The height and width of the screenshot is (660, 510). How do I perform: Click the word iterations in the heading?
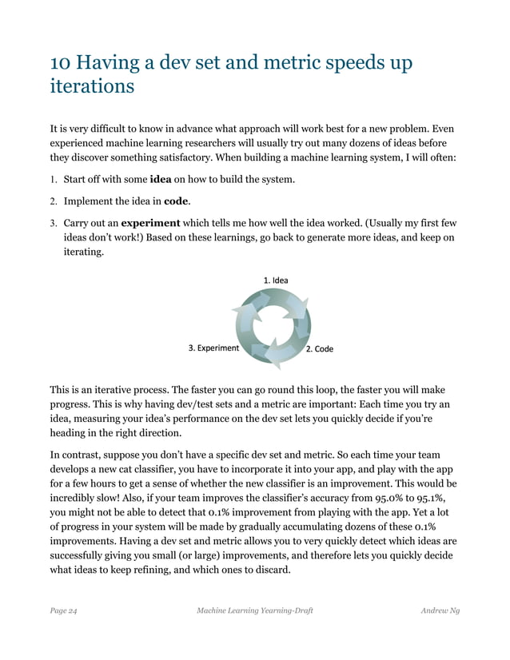click(x=92, y=86)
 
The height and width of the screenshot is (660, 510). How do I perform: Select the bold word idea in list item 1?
click(x=163, y=179)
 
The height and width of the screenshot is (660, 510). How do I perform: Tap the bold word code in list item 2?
click(x=176, y=201)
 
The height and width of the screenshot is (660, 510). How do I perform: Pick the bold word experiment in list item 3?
click(x=150, y=222)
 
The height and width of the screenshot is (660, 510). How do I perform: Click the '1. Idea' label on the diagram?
click(x=276, y=280)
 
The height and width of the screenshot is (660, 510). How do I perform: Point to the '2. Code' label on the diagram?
click(x=320, y=349)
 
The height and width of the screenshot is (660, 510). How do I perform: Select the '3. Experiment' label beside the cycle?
click(x=213, y=348)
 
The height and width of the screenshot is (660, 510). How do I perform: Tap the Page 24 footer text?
click(x=63, y=610)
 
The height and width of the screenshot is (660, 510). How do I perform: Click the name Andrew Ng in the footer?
click(x=440, y=610)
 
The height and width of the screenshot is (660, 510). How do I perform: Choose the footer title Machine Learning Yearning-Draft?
click(x=254, y=610)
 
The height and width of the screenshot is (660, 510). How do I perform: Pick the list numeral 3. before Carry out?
click(x=54, y=222)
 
